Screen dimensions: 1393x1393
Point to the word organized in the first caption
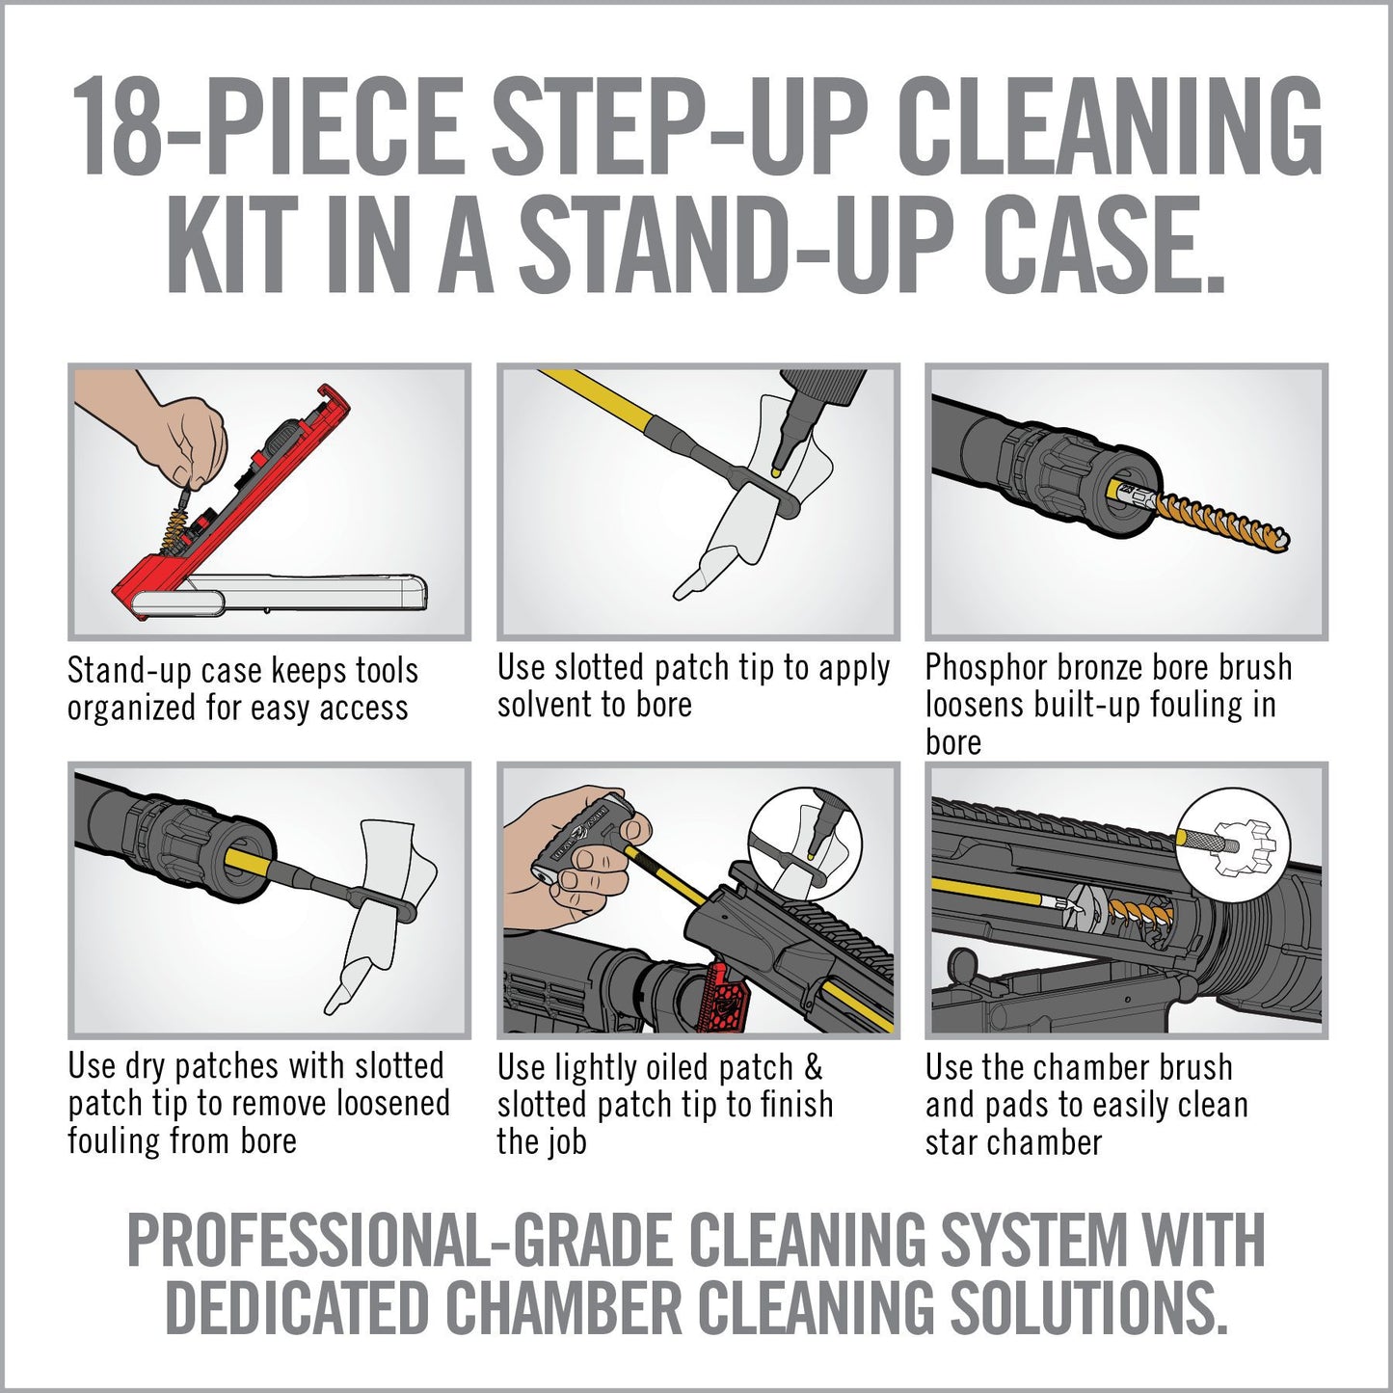(132, 709)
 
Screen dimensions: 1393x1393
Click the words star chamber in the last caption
(1012, 1143)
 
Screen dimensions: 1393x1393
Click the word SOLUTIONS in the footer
(1089, 1309)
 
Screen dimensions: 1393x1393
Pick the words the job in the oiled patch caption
(542, 1143)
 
